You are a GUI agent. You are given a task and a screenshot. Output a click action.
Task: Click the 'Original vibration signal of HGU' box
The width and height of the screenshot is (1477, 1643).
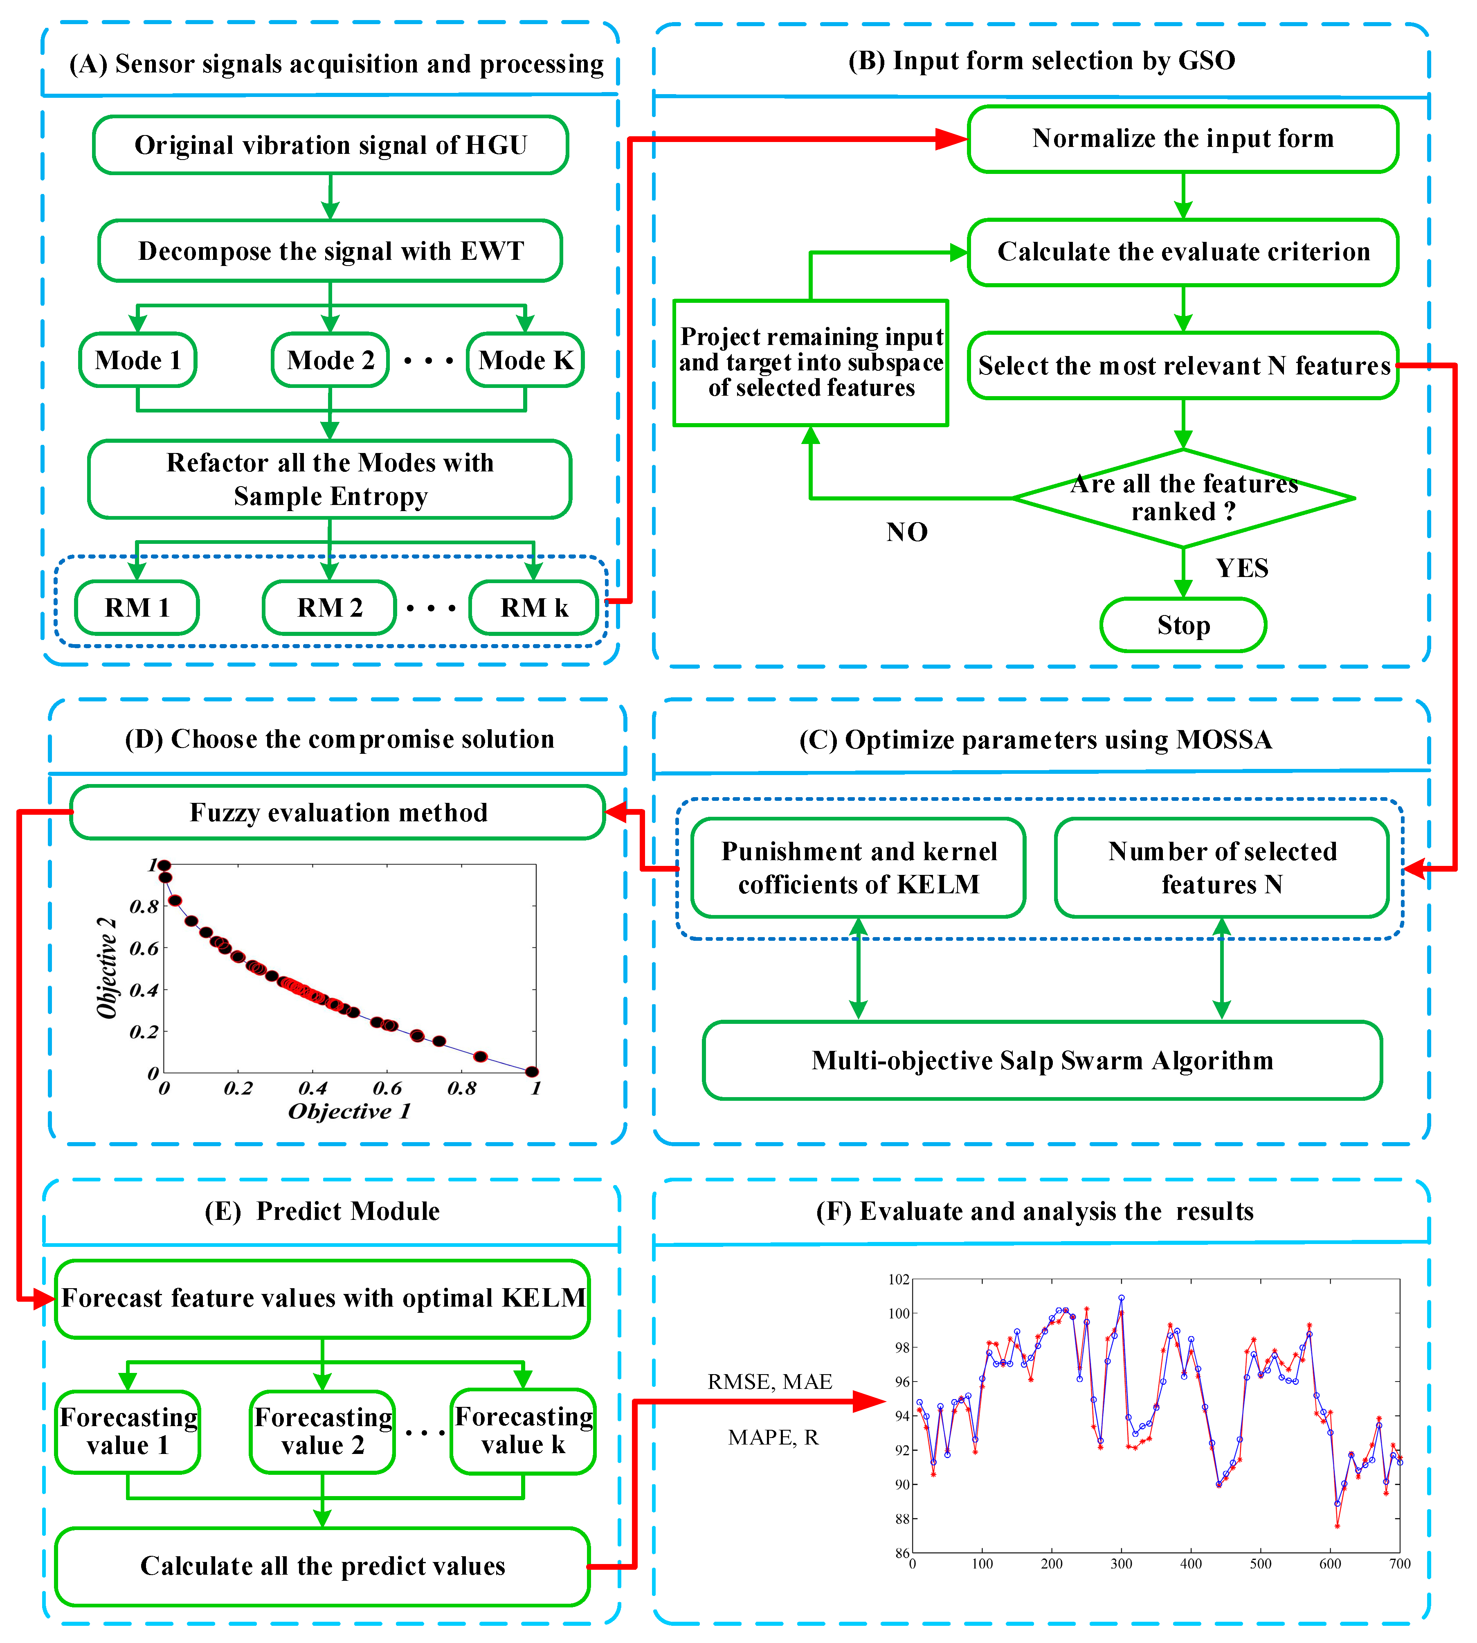tap(330, 145)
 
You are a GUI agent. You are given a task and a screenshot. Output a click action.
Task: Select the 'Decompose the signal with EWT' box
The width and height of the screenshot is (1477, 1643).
tap(330, 251)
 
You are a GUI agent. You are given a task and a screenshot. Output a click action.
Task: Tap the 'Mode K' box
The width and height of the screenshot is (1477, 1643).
tap(525, 360)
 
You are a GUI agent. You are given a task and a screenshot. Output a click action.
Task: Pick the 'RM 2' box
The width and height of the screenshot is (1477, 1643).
tap(330, 607)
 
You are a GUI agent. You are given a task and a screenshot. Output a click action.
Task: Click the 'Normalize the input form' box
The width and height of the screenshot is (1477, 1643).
tap(1182, 139)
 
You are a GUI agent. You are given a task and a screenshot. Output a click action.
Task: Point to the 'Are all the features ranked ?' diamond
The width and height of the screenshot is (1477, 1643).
tap(1183, 498)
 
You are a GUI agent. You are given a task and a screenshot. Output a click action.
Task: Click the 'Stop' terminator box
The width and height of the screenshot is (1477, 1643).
tap(1183, 625)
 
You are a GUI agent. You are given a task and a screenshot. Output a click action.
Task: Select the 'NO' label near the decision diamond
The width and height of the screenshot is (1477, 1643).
tap(906, 532)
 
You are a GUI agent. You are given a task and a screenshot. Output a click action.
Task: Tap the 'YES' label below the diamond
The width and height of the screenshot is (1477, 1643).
tap(1242, 568)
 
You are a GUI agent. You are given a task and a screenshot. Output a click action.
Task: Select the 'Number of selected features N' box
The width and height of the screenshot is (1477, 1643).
tap(1221, 868)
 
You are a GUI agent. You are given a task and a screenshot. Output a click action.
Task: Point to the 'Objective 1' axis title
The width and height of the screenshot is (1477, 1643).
tap(350, 1111)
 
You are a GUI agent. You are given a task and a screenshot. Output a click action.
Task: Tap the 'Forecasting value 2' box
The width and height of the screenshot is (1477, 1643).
tap(323, 1431)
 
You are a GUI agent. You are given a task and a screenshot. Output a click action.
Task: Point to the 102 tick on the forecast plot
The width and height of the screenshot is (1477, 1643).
tap(898, 1280)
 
